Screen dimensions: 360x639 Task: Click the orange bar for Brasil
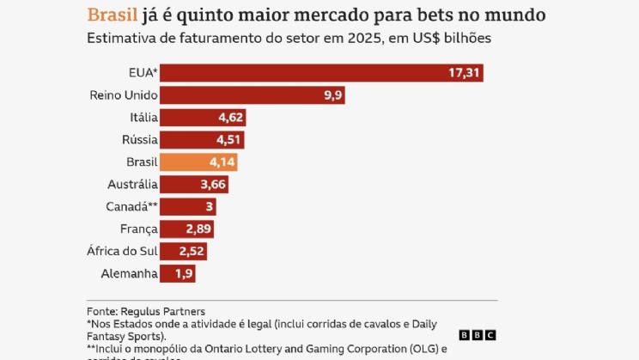(x=198, y=162)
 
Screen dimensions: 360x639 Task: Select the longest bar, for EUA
(x=321, y=72)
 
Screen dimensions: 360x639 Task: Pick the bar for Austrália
(x=194, y=184)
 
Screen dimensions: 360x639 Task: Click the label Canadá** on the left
(x=131, y=206)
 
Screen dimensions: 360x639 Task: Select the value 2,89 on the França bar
(x=198, y=229)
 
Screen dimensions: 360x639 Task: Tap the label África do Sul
(x=123, y=251)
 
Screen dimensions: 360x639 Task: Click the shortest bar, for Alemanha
(x=178, y=273)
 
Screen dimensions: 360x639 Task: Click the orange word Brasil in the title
(x=112, y=15)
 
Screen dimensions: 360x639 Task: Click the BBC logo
(x=477, y=336)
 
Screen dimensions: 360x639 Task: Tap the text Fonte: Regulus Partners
(x=147, y=311)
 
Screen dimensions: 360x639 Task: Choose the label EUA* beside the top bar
(x=143, y=72)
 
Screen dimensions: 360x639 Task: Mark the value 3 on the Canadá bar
(x=208, y=206)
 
